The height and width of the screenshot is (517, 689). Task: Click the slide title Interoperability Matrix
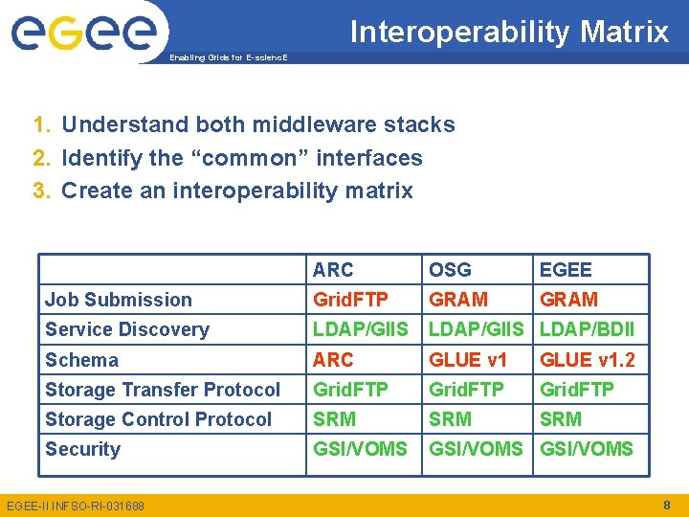509,32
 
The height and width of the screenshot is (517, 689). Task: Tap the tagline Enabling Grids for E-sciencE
227,57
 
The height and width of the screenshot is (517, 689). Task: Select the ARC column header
333,270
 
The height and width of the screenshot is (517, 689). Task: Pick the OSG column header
450,270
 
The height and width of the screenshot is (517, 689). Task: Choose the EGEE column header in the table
566,270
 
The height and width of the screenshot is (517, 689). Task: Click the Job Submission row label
119,300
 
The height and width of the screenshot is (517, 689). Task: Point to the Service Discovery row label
126,329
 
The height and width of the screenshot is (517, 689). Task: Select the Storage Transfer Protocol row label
163,390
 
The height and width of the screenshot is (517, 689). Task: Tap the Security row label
82,449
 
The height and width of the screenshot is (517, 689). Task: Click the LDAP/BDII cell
587,329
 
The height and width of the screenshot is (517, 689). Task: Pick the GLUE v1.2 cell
587,360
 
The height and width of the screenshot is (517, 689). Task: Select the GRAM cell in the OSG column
457,300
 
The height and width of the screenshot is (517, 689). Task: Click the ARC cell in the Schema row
333,360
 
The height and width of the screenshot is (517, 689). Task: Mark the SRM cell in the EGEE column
561,419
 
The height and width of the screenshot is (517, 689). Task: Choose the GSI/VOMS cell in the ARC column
360,449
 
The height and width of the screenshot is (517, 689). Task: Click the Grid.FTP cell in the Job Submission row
350,300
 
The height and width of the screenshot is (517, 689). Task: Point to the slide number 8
666,505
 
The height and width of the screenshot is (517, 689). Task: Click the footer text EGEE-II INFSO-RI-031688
75,506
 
